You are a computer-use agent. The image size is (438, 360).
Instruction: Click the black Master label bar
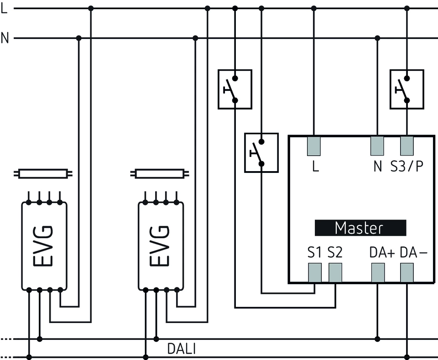point(360,228)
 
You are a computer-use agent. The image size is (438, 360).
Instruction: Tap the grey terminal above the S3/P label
point(407,146)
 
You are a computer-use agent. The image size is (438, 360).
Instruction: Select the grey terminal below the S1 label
point(314,273)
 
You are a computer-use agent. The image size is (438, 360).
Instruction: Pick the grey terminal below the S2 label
point(334,273)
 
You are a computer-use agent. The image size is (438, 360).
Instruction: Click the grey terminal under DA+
point(377,273)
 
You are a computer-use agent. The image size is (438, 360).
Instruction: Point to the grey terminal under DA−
point(407,273)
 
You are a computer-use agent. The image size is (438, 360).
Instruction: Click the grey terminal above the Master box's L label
point(314,146)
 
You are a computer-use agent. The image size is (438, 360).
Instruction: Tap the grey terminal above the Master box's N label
point(377,146)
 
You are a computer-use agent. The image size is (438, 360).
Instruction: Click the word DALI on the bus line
point(181,349)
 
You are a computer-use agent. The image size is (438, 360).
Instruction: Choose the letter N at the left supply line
point(5,38)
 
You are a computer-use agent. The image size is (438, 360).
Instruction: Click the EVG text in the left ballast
point(44,245)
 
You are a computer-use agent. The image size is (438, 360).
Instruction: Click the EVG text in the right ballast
point(161,245)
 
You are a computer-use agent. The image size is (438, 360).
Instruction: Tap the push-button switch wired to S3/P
point(407,89)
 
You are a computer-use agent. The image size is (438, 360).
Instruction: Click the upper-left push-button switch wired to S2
point(235,89)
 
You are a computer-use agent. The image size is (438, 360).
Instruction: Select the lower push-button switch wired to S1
point(261,152)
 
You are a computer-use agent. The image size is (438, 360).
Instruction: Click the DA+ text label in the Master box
point(381,252)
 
